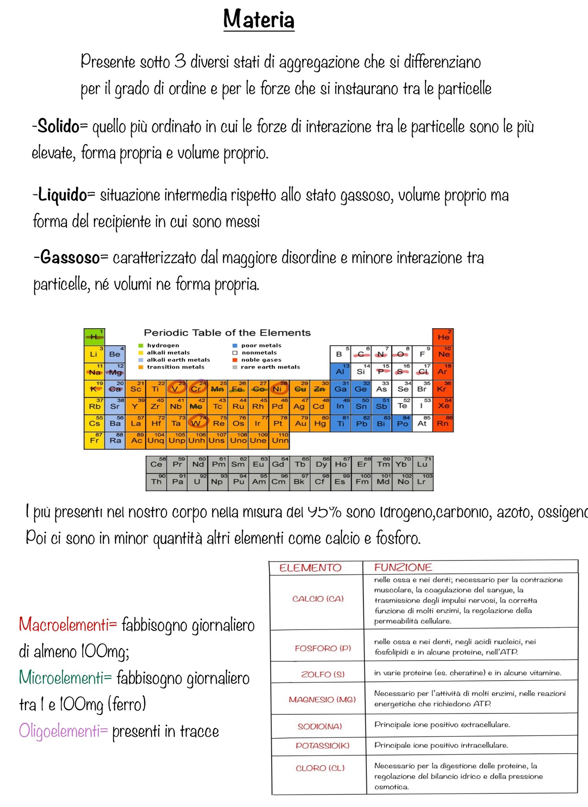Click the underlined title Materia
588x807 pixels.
pos(259,20)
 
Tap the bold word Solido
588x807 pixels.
pos(58,127)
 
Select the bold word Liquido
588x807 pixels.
pos(62,195)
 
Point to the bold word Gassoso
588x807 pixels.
pos(70,258)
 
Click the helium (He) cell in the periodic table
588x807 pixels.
pos(443,337)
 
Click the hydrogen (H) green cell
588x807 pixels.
pos(94,337)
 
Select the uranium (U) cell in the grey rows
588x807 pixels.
pos(197,482)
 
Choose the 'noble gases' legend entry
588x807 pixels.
pos(261,360)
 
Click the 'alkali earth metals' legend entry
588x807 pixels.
pos(178,360)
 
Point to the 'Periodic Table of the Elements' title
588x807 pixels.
pos(227,333)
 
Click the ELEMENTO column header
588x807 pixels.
pos(310,567)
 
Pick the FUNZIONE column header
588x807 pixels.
pos(403,567)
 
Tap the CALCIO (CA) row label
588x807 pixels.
pos(318,599)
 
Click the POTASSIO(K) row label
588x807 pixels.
pos(322,745)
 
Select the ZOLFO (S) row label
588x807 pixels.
pos(323,674)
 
